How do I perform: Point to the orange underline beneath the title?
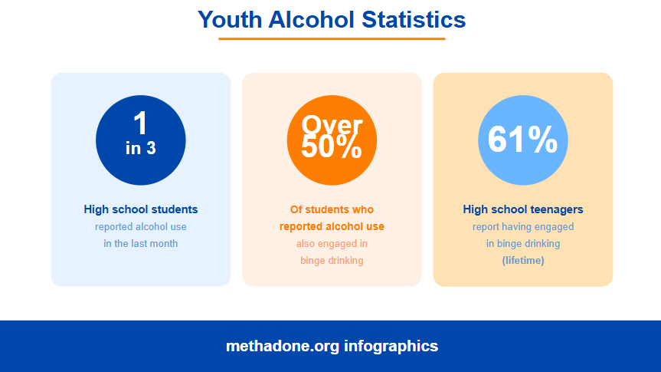click(332, 38)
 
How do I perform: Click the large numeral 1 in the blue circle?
click(140, 123)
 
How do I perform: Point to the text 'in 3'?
click(141, 148)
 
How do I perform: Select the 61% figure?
click(523, 140)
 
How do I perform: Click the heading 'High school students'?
click(141, 209)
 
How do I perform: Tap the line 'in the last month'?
click(141, 244)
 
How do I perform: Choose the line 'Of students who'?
click(332, 209)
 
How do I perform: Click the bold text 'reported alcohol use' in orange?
click(332, 226)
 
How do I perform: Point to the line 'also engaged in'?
click(332, 244)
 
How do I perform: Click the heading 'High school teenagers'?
click(523, 209)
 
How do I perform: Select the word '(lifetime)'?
click(523, 261)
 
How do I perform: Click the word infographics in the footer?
click(391, 346)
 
